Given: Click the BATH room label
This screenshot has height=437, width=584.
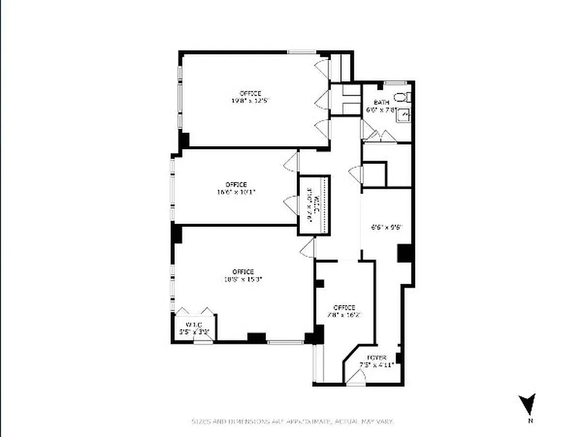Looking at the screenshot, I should (x=381, y=103).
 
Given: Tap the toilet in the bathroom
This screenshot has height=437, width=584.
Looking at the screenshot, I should (x=401, y=98).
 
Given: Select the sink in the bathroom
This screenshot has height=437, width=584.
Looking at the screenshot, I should (x=403, y=115).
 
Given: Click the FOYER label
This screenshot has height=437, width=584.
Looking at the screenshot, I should (x=376, y=358).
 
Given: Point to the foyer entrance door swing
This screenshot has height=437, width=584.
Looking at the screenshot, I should (x=357, y=377).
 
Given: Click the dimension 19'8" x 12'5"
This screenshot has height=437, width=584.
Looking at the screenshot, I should (x=250, y=101).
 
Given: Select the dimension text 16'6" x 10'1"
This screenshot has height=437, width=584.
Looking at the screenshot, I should (x=236, y=192).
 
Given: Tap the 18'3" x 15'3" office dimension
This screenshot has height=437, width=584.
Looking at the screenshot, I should (x=243, y=279).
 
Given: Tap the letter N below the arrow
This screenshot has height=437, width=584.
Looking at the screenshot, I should (x=529, y=421).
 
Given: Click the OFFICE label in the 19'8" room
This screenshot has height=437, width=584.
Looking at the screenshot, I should (x=250, y=93).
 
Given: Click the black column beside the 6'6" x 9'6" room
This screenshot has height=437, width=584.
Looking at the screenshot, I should (x=405, y=252).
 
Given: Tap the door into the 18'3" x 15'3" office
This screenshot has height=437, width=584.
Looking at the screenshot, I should (x=307, y=248).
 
